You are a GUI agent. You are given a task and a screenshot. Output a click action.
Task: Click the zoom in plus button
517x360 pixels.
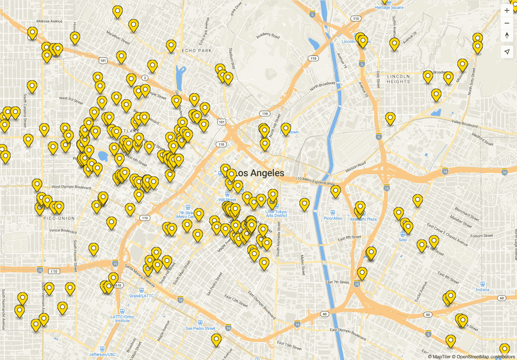coord(507,11)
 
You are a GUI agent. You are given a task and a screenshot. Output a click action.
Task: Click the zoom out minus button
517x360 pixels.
coord(507,23)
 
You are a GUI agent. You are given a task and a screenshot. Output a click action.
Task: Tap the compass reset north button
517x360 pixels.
coord(507,36)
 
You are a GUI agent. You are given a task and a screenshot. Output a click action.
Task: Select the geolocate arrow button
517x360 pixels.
coord(507,52)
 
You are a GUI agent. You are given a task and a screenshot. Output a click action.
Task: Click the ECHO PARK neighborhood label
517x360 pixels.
coord(197,50)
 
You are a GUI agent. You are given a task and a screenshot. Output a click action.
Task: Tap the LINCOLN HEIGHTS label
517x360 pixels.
coord(398,79)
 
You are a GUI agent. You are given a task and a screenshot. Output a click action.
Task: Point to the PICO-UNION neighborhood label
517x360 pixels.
coord(59,218)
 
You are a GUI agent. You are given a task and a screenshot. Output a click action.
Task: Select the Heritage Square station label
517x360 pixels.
coord(389,7)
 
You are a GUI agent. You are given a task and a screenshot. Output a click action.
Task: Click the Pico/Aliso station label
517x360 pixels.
coord(333,218)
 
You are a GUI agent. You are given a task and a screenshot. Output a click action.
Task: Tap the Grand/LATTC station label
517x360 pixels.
coord(141,296)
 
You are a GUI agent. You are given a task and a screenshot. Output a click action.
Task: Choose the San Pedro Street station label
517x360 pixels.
coord(200,328)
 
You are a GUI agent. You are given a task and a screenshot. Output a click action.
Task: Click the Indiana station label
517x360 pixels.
coord(482,290)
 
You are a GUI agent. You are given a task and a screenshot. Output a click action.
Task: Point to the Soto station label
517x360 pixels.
coord(402,240)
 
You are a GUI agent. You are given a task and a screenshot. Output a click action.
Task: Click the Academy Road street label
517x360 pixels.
coord(268,36)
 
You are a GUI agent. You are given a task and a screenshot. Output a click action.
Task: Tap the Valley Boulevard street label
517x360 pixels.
coord(464,123)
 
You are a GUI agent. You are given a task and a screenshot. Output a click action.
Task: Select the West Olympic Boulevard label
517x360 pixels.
coord(71,187)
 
